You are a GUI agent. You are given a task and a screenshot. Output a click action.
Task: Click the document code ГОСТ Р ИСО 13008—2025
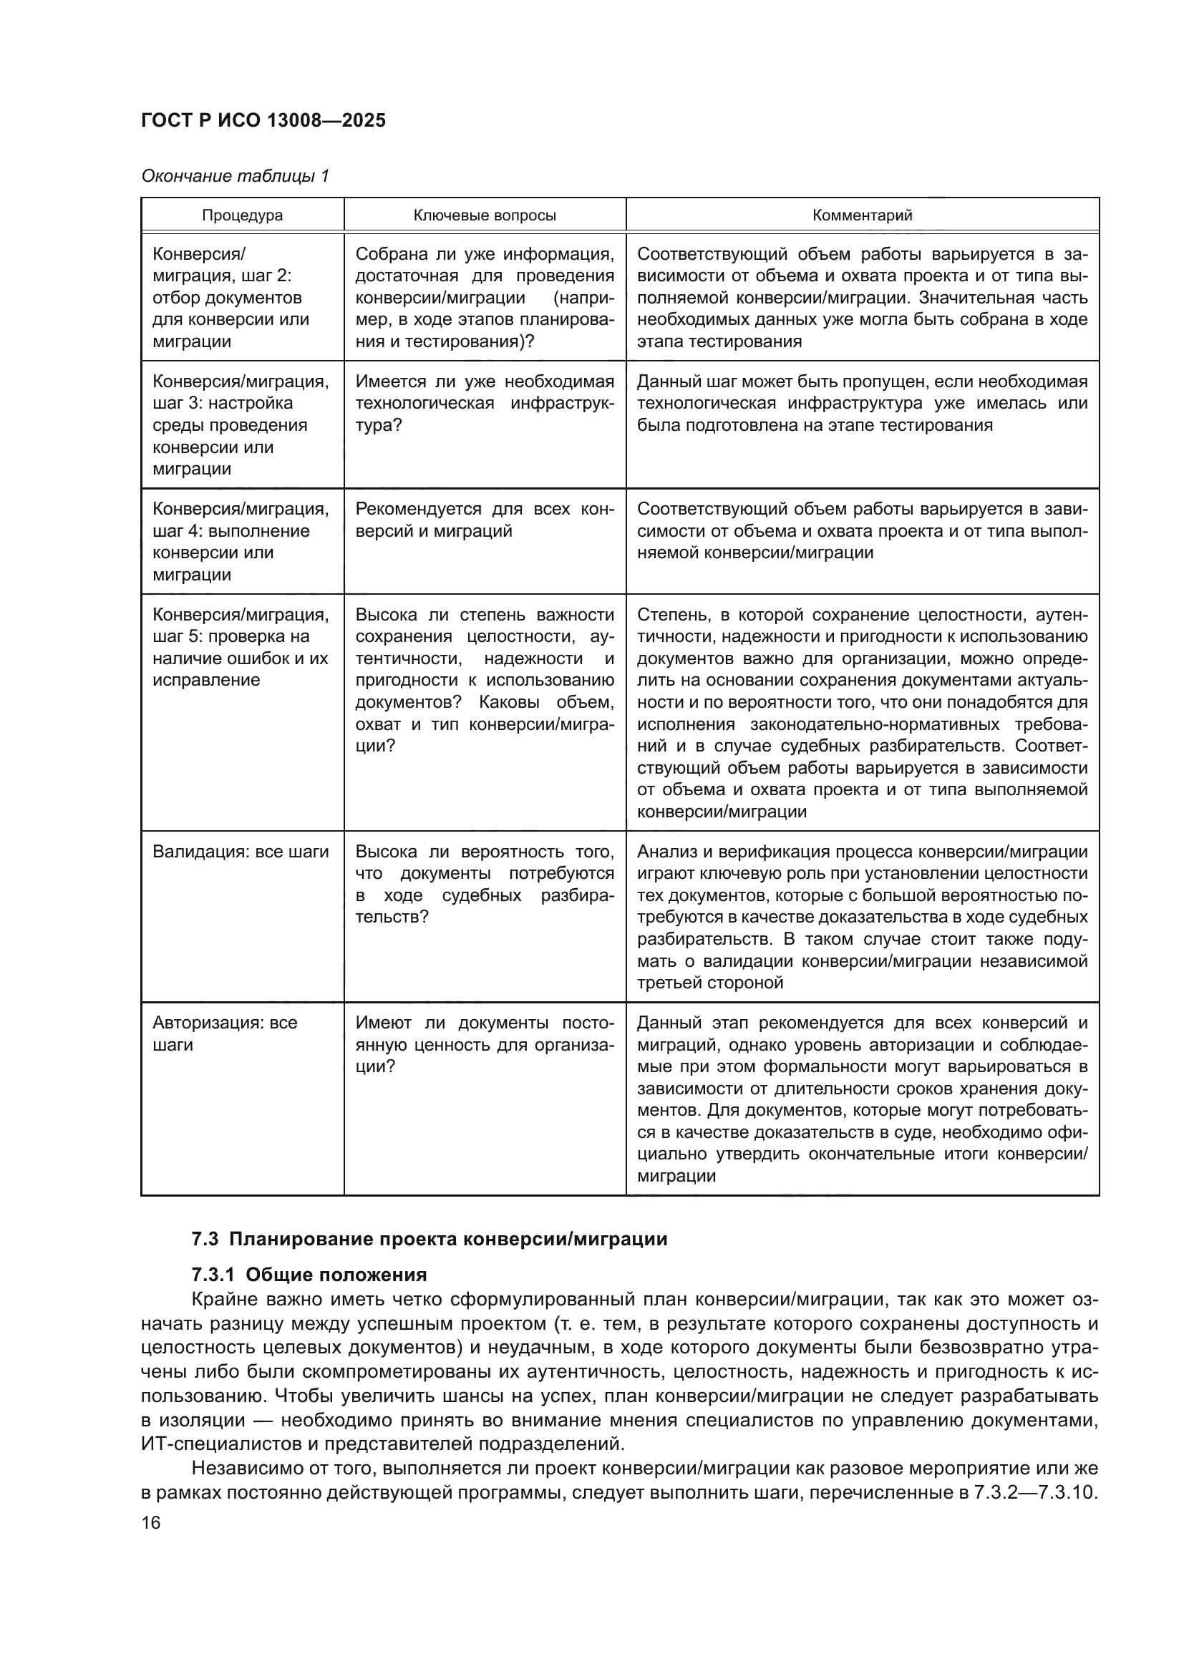tap(263, 121)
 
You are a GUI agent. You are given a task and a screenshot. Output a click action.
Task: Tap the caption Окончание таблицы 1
tap(235, 176)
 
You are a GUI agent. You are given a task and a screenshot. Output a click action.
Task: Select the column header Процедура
tap(242, 215)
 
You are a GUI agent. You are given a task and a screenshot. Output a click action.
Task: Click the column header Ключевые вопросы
tap(485, 215)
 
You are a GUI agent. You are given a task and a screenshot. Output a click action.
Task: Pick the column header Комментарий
tap(862, 215)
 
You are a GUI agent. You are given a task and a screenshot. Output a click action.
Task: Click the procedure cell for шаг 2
tap(231, 298)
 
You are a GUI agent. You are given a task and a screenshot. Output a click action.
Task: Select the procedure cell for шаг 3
tap(241, 424)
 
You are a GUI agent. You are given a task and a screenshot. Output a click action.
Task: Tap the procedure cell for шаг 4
tap(241, 541)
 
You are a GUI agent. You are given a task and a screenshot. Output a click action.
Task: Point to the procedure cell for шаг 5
tap(241, 648)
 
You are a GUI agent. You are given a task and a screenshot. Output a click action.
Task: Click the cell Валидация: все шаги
tap(241, 852)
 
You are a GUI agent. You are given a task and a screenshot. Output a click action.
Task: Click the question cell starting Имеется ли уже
tap(485, 403)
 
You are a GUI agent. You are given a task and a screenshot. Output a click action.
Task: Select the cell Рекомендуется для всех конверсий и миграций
tap(485, 520)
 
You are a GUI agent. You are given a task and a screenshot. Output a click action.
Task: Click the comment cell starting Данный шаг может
tap(862, 403)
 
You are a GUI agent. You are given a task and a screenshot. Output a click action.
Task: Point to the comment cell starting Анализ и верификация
tap(862, 917)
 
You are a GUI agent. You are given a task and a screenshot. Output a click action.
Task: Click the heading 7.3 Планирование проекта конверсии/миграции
tap(430, 1239)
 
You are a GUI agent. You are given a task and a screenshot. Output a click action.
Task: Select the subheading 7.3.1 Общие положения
tap(309, 1275)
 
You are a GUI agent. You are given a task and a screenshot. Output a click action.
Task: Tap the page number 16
tap(151, 1522)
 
